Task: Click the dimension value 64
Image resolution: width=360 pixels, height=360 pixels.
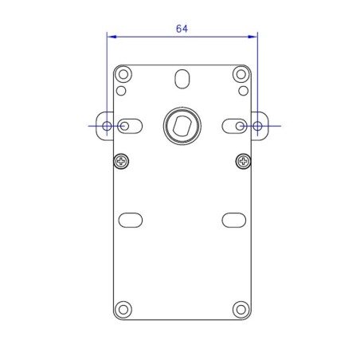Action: [182, 28]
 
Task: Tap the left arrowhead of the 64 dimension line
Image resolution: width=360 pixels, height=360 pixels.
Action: [111, 36]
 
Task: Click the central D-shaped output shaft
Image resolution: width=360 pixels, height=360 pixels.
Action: [182, 125]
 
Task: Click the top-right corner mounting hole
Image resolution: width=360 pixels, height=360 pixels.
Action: [241, 75]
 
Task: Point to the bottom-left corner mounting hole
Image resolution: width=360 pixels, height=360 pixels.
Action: [123, 309]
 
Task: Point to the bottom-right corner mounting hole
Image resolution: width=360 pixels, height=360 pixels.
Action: [241, 309]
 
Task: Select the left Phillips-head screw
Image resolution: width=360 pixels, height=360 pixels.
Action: [121, 162]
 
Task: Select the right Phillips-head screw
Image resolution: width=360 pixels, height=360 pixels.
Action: [242, 162]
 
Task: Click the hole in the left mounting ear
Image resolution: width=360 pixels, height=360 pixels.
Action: [107, 126]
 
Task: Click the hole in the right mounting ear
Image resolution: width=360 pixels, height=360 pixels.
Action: [257, 126]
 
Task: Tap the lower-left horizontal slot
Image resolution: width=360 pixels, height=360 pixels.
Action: [130, 218]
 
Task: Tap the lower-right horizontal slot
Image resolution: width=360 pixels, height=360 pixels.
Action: [233, 218]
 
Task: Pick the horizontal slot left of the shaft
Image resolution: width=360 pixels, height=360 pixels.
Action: [130, 126]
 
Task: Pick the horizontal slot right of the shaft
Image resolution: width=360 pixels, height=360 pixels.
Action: [234, 126]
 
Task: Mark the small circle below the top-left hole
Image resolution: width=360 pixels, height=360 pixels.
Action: [121, 90]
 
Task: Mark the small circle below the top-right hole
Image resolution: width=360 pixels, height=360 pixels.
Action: [242, 90]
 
